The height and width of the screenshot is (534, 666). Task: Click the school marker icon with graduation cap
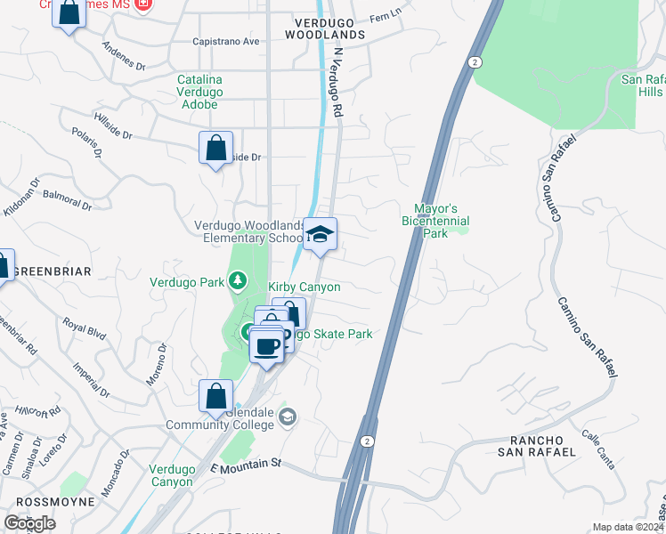(321, 234)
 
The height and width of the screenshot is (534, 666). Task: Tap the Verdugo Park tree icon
(237, 282)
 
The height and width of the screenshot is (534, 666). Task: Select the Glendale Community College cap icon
(288, 416)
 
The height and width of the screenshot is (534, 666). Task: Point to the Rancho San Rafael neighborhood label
(542, 446)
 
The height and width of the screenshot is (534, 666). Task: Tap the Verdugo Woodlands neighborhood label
(325, 28)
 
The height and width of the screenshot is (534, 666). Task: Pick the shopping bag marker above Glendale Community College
(215, 396)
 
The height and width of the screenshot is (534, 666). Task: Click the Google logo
(29, 523)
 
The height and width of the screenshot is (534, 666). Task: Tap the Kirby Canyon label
(305, 287)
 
